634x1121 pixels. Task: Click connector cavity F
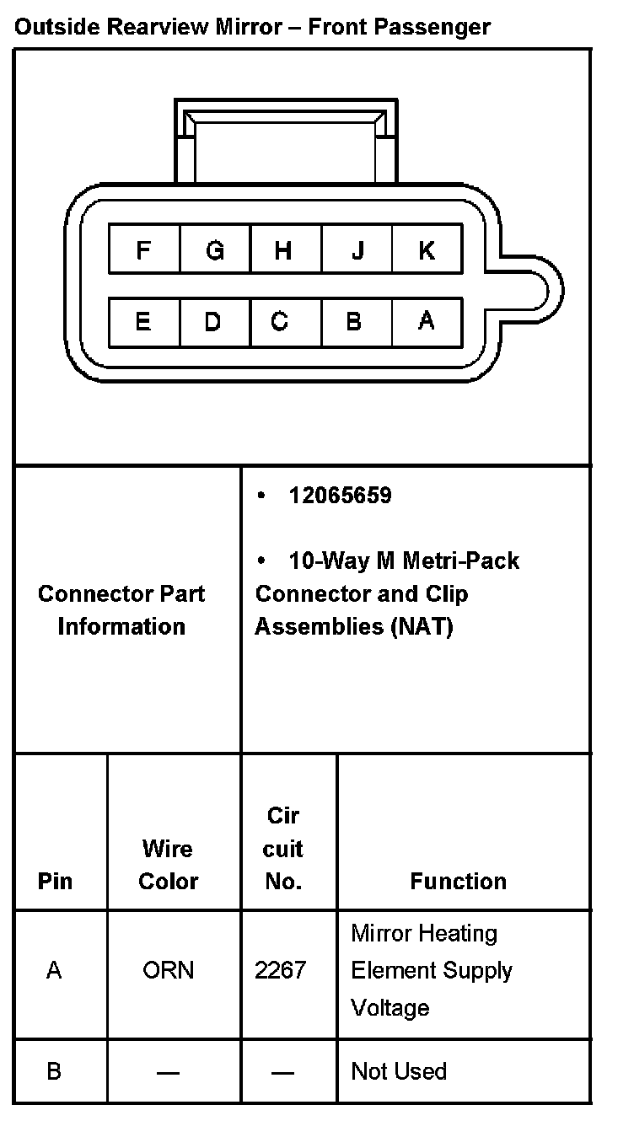[x=144, y=250]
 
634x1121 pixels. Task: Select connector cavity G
[x=215, y=250]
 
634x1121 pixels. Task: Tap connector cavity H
[x=285, y=250]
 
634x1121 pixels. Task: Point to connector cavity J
[x=357, y=250]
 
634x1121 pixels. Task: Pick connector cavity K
[x=427, y=250]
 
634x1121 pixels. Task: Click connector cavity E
[x=144, y=321]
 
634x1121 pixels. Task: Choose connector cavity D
[x=214, y=321]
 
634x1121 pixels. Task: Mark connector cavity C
[x=285, y=321]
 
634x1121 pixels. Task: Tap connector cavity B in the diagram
[x=356, y=321]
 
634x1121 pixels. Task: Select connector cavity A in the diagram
[x=427, y=321]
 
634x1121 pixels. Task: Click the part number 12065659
[x=340, y=496]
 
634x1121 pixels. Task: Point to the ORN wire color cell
[x=169, y=970]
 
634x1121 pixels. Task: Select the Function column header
[x=458, y=881]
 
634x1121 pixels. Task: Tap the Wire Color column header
[x=168, y=865]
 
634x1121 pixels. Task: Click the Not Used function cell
[x=398, y=1071]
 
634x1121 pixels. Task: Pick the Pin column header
[x=56, y=881]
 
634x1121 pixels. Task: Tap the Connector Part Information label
[x=121, y=609]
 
